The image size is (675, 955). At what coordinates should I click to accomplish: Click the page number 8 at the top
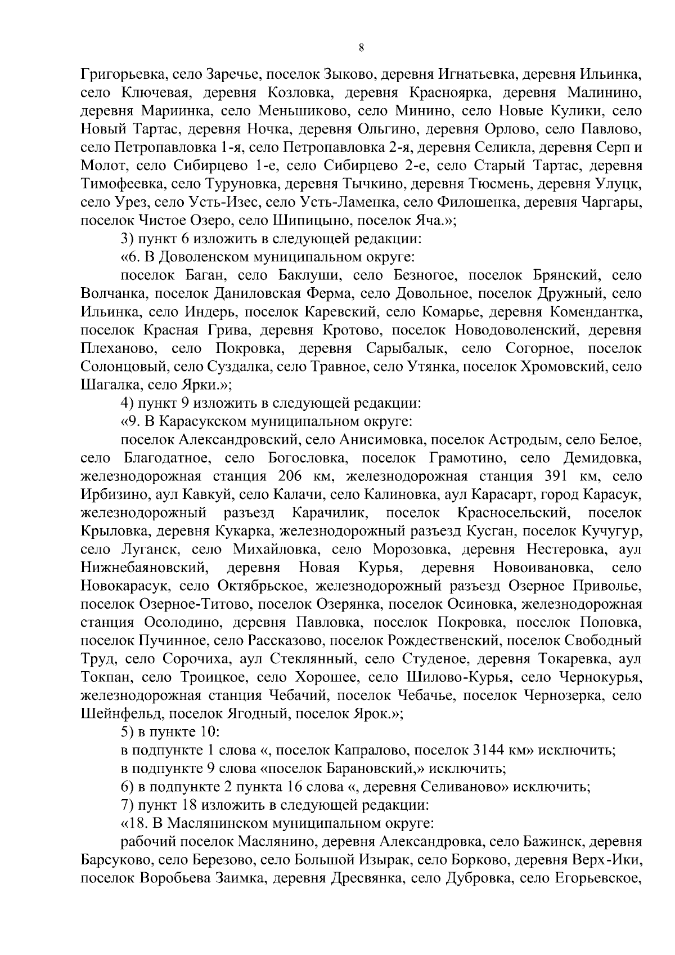tap(361, 48)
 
